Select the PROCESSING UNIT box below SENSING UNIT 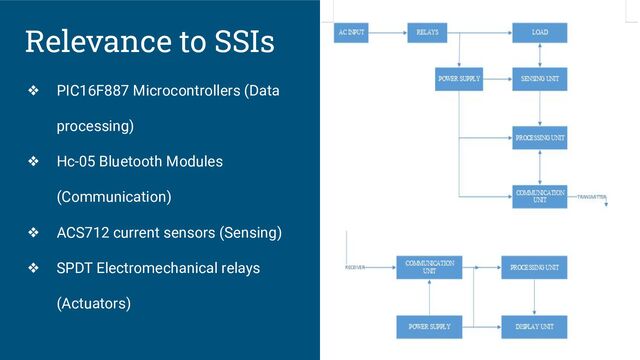pyautogui.click(x=541, y=136)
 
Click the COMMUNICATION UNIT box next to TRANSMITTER pyautogui.click(x=541, y=195)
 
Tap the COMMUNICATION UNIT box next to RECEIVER pyautogui.click(x=429, y=267)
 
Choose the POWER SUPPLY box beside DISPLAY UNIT pyautogui.click(x=429, y=326)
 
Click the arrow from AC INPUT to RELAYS pyautogui.click(x=387, y=33)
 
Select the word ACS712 pyautogui.click(x=83, y=234)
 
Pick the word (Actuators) pyautogui.click(x=94, y=302)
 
